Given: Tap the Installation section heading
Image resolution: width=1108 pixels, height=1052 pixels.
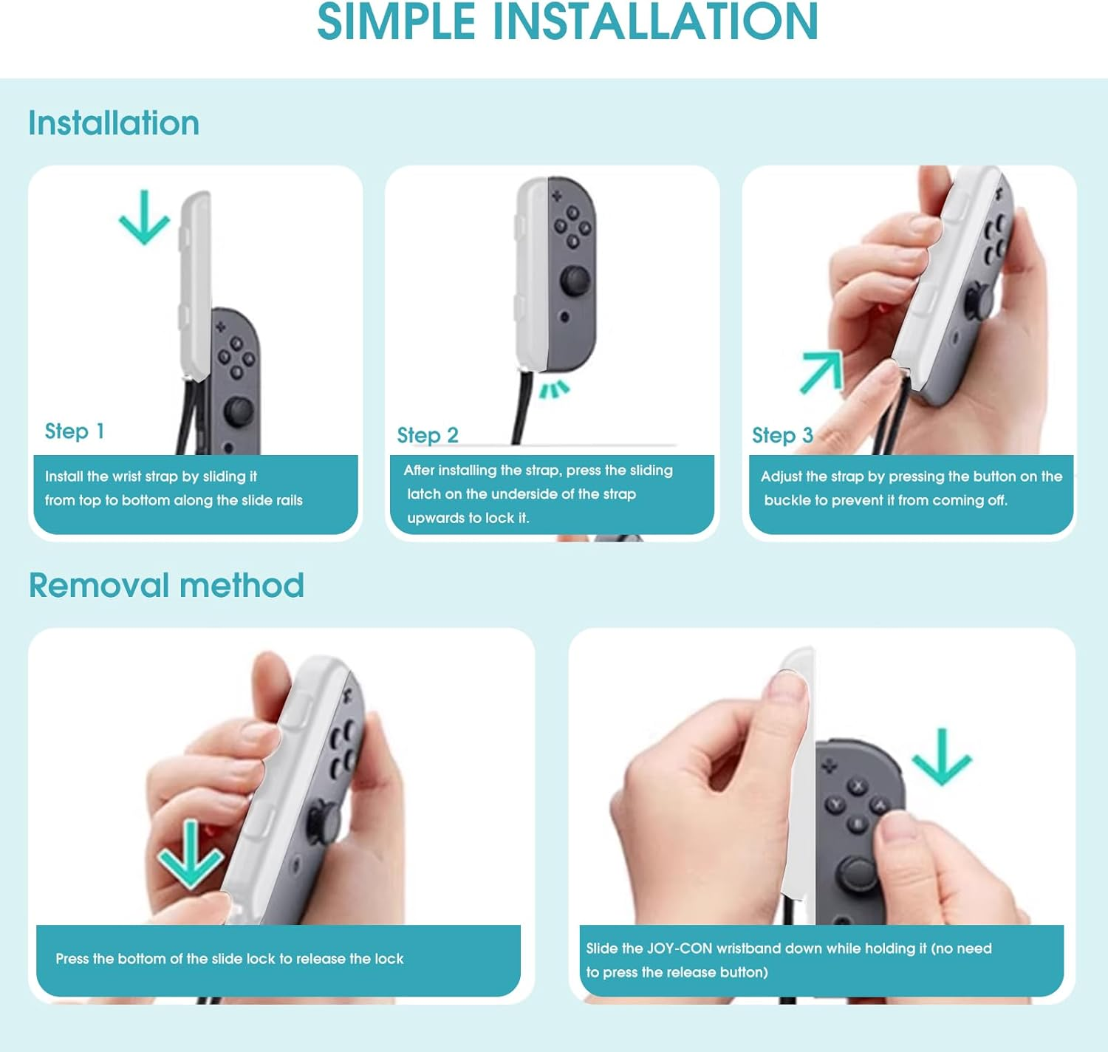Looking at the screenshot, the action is (114, 123).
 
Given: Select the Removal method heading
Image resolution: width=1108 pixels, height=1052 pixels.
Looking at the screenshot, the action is (166, 584).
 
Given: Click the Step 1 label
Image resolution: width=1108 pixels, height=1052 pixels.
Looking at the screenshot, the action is (75, 431).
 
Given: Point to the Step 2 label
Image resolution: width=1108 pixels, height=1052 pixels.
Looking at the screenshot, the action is (428, 435).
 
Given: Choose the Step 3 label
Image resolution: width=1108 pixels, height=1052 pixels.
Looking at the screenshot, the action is (782, 435).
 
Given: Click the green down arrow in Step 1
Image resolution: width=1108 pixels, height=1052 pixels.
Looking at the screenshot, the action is (144, 217).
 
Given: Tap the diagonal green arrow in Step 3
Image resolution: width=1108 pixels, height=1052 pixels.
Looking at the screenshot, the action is (822, 372).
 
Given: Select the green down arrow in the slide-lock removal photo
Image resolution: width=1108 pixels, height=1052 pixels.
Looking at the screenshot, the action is (190, 854).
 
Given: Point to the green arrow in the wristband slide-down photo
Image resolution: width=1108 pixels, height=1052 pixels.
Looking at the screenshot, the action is (942, 757).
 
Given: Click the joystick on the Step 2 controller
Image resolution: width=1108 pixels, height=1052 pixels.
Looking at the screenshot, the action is (574, 280).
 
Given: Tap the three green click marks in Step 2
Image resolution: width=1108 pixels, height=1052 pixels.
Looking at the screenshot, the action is (555, 389).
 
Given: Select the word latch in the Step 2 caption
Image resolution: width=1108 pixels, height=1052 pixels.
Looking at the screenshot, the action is (424, 494).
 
